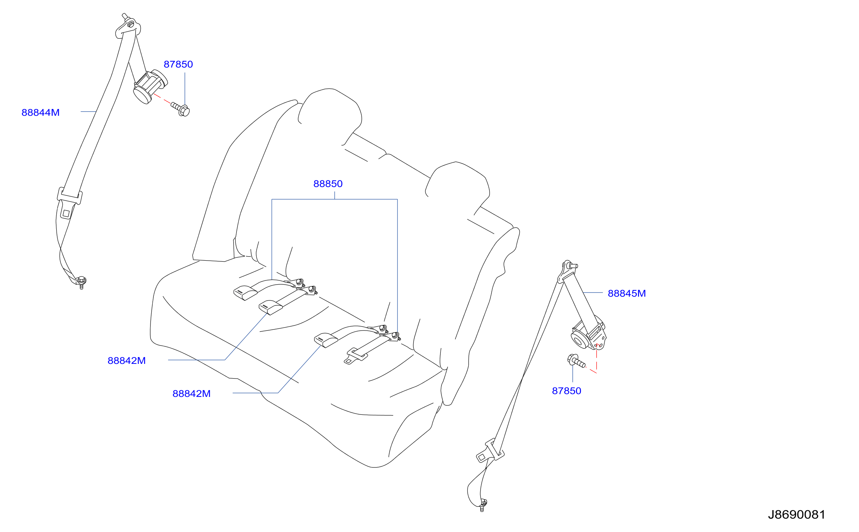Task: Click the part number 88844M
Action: [40, 113]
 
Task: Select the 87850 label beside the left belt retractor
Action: [178, 65]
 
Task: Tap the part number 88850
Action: [328, 184]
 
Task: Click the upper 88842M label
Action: [127, 361]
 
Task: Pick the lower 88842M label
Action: [191, 394]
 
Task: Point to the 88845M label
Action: [627, 294]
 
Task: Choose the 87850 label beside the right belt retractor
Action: [567, 391]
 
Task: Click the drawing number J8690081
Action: [796, 515]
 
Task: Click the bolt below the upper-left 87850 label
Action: [180, 109]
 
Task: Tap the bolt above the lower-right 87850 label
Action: [576, 360]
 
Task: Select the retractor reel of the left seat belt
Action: [150, 86]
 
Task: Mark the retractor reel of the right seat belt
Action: [588, 333]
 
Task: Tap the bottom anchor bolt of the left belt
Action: [82, 281]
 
